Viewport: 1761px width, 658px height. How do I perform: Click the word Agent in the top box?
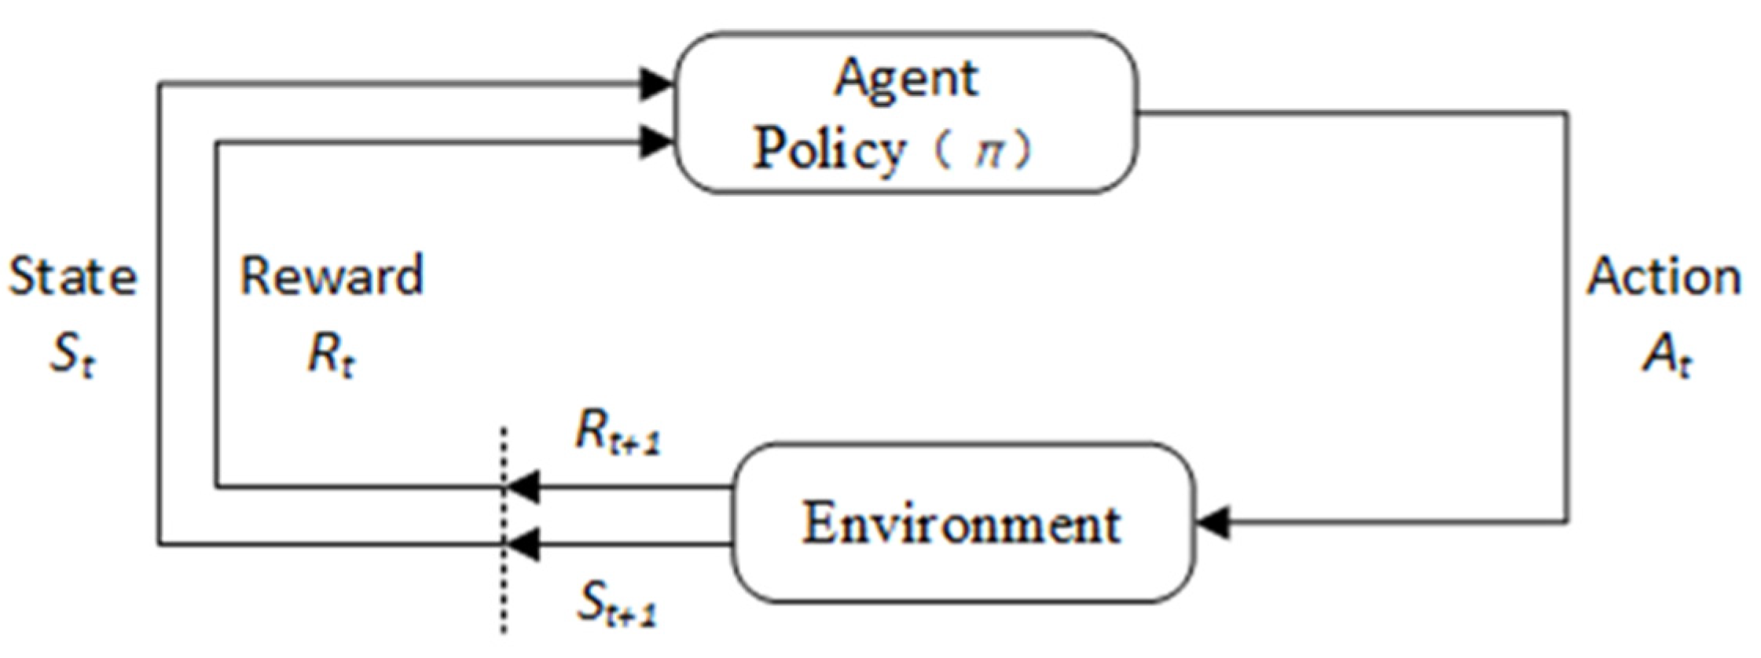point(906,79)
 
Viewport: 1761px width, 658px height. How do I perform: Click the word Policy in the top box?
point(829,149)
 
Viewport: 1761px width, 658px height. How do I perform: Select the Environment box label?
point(961,524)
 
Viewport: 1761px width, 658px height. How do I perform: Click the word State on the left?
point(72,278)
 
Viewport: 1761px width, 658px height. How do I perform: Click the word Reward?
point(332,276)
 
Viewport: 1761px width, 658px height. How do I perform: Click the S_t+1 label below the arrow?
point(616,605)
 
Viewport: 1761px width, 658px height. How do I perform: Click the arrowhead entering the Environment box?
point(1213,521)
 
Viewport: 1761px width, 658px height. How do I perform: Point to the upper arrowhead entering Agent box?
point(656,84)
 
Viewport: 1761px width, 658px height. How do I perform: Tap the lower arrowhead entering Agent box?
point(656,142)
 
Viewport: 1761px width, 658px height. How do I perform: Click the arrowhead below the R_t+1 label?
point(523,487)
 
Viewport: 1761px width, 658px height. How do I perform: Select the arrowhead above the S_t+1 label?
point(523,543)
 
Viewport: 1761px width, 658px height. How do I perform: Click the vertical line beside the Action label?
point(1568,314)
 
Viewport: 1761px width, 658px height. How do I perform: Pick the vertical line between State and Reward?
point(160,314)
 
